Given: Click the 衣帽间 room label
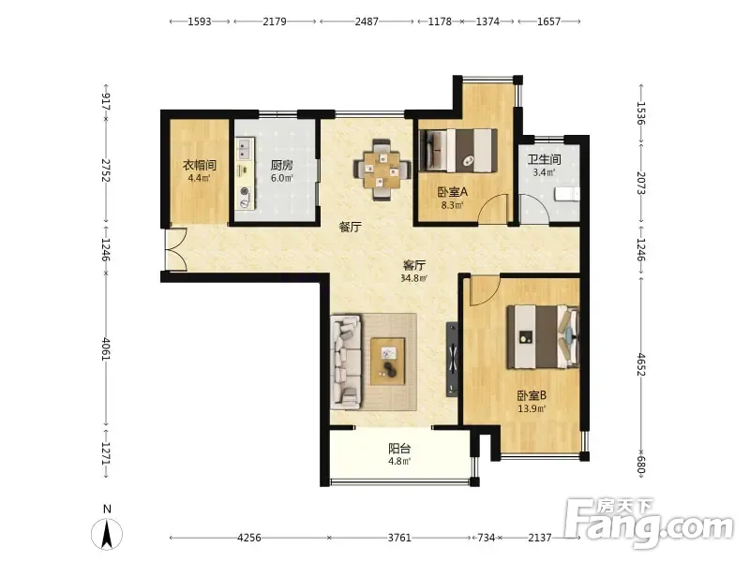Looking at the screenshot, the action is point(200,165).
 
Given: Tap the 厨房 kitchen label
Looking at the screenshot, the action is point(282,165).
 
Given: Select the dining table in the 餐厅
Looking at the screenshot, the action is point(382,170).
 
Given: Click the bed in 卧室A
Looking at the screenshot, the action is point(457,151).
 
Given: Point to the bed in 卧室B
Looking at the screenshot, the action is point(544,337).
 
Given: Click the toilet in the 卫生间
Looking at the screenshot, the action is point(567,195).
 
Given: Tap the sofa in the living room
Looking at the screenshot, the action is point(346,362).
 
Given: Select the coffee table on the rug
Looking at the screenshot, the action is point(388,362).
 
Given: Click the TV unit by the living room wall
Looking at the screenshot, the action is point(452,360).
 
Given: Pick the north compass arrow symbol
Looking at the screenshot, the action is point(107,533).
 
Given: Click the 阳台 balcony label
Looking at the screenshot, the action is point(399,449).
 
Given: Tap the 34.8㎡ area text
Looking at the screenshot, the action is point(413,277).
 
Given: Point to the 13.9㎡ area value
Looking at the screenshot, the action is point(532,408).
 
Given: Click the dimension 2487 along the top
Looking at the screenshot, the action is point(367,22).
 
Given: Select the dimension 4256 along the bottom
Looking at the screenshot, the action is point(249,538).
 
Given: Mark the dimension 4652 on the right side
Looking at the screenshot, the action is point(641,364).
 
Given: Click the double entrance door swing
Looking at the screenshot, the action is point(175,250).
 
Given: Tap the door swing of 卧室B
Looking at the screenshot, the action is point(485,290).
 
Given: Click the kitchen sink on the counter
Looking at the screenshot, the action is point(245,148).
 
